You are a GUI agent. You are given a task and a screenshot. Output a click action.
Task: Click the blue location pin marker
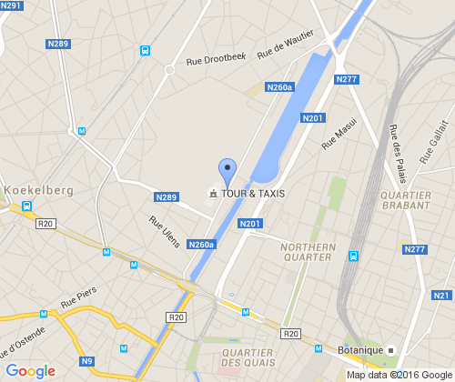point(227,172)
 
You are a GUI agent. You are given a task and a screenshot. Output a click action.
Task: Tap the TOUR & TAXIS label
point(252,194)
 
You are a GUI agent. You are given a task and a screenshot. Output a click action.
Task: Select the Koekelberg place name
point(38,190)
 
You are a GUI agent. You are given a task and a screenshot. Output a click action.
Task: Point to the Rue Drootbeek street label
point(216,59)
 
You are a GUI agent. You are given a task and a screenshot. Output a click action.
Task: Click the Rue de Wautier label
point(285,45)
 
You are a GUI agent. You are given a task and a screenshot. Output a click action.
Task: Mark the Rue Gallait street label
point(436,142)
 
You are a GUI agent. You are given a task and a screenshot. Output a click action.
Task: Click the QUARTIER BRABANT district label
point(407,200)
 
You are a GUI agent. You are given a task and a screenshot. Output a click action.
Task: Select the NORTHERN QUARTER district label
point(308,252)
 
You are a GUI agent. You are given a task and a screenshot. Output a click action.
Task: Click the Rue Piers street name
point(78,298)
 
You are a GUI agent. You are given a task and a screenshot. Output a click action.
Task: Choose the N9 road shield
point(87,362)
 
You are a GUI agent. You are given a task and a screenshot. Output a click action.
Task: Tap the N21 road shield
point(442,296)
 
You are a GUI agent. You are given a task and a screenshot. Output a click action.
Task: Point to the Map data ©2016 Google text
point(399,374)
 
